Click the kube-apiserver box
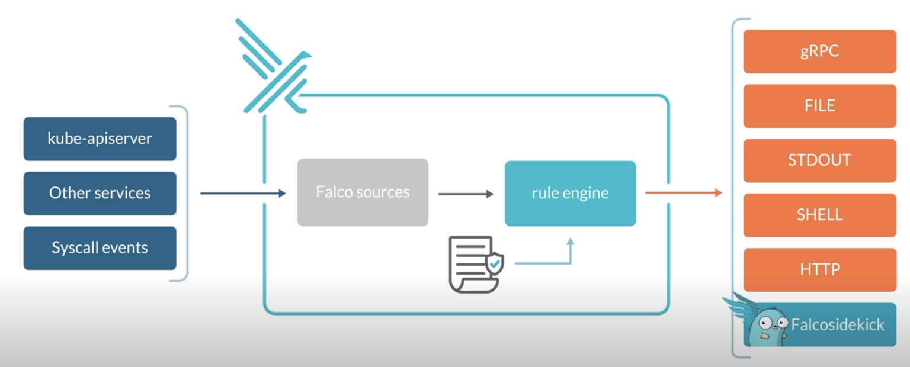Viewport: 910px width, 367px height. coord(100,139)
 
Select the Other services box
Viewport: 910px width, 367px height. coord(100,193)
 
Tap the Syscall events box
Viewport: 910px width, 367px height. coord(100,248)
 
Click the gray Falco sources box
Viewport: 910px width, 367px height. coord(363,192)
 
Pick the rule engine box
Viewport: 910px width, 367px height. coord(571,193)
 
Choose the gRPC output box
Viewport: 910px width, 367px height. coord(820,51)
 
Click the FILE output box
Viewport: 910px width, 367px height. coord(820,106)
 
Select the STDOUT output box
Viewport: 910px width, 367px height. coord(820,160)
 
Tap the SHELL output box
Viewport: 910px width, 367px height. coord(820,215)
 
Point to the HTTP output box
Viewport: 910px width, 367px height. coord(820,269)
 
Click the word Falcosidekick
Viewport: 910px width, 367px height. coord(838,324)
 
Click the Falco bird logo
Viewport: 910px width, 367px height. coord(274,66)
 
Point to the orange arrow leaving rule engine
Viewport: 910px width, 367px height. coord(684,193)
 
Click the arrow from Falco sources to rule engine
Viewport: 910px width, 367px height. coord(466,194)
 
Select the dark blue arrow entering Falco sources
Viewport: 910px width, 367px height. coord(243,193)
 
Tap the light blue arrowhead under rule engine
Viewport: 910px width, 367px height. coord(571,242)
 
